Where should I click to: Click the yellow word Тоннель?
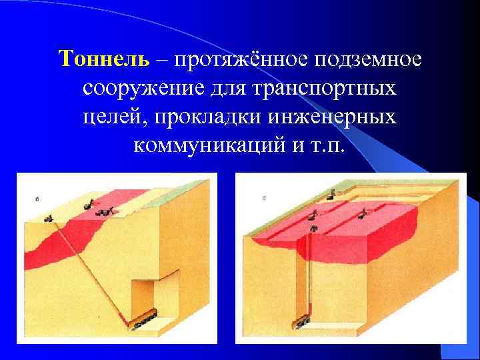[x=103, y=59]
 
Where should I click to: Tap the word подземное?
[x=366, y=60]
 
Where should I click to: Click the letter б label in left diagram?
[x=38, y=198]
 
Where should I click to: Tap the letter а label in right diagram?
[x=265, y=197]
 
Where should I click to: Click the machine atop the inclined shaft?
[x=49, y=217]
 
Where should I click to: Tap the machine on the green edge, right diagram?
[x=331, y=194]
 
